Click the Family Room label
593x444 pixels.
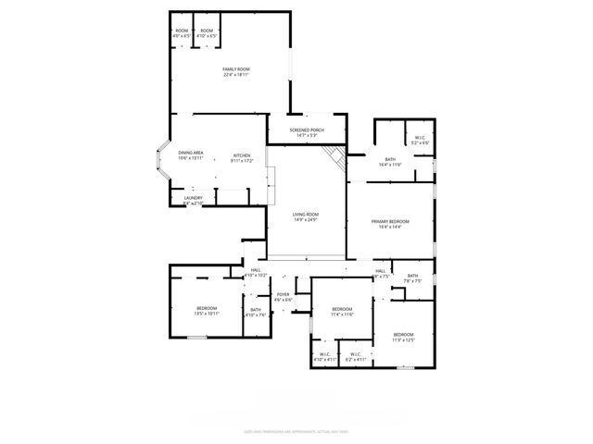pos(236,72)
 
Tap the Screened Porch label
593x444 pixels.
pos(305,132)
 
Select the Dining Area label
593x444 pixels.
pos(191,155)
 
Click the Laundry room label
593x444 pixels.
pos(193,199)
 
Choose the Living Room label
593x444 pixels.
pos(305,216)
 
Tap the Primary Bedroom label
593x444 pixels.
pos(390,224)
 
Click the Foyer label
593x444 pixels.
pos(284,297)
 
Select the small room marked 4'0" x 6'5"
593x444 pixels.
pos(182,33)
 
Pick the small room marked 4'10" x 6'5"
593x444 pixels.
pos(207,33)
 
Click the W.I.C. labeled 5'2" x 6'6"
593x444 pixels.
pos(421,141)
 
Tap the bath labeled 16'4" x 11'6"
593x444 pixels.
pos(390,161)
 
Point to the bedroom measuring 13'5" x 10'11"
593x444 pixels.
pos(206,311)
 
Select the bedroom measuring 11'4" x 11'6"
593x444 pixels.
pos(342,312)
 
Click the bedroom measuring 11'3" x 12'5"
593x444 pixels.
pos(402,337)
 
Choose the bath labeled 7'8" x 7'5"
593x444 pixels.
pos(412,277)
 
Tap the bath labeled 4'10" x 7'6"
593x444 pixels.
pos(255,313)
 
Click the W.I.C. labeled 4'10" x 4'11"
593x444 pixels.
pos(324,356)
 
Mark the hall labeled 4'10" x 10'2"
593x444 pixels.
pos(255,273)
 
